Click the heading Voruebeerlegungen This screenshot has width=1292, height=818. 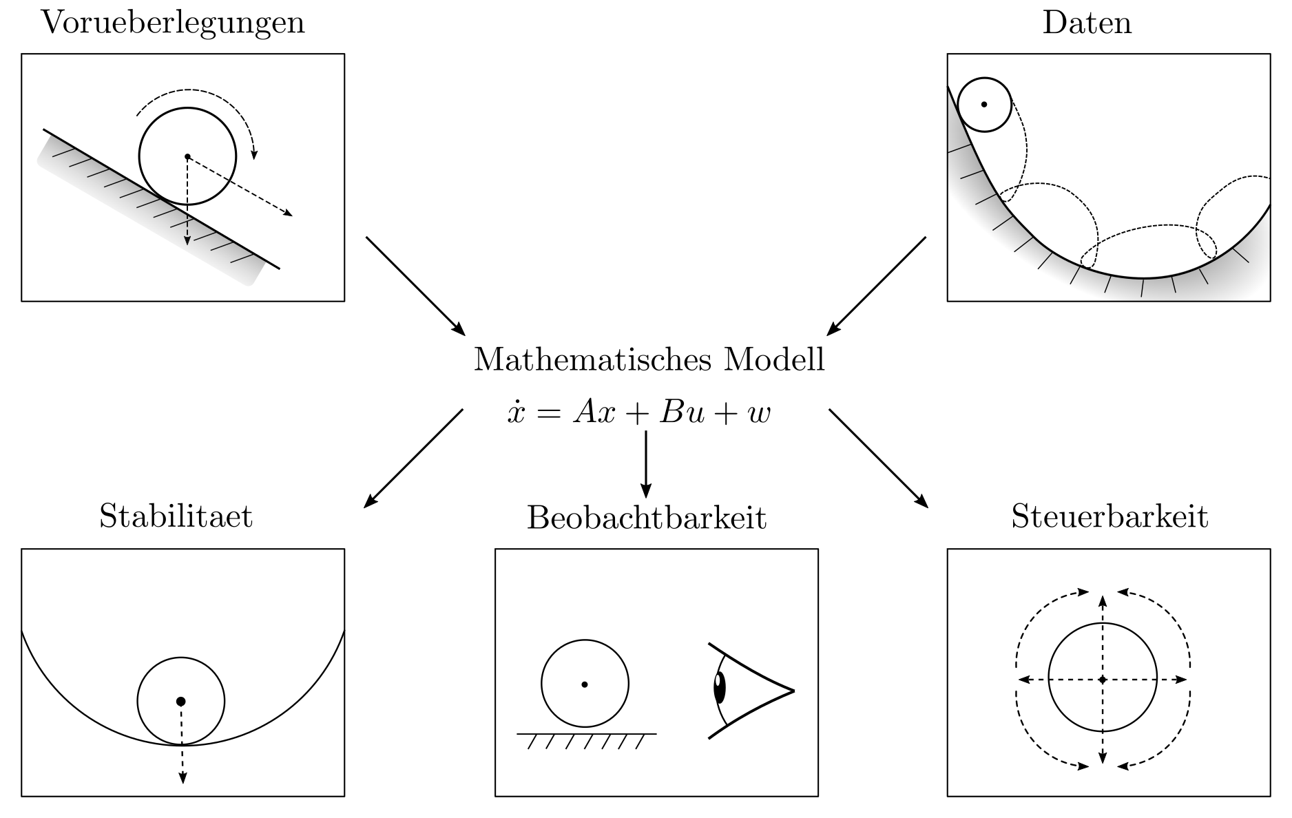pyautogui.click(x=173, y=23)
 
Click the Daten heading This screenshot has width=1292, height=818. pyautogui.click(x=1087, y=23)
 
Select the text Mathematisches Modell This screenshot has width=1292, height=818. pyautogui.click(x=649, y=359)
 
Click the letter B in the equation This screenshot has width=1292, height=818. pyautogui.click(x=670, y=412)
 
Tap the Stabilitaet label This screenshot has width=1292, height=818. pyautogui.click(x=176, y=516)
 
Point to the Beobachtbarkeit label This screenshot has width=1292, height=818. pyautogui.click(x=646, y=518)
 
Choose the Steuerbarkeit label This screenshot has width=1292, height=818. pyautogui.click(x=1109, y=516)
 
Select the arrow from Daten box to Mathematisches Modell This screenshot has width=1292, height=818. pyautogui.click(x=876, y=286)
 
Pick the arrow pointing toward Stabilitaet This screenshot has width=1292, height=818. pyautogui.click(x=413, y=459)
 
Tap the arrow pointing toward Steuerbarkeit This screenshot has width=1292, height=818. pyautogui.click(x=878, y=459)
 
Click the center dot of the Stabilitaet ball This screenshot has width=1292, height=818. pyautogui.click(x=181, y=701)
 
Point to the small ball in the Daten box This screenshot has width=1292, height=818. pyautogui.click(x=984, y=105)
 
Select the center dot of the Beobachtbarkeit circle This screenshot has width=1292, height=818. pyautogui.click(x=585, y=684)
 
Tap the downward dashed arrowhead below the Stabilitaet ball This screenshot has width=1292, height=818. pyautogui.click(x=183, y=778)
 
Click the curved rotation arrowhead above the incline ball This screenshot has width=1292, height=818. pyautogui.click(x=254, y=154)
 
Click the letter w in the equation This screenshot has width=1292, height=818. pyautogui.click(x=758, y=414)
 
